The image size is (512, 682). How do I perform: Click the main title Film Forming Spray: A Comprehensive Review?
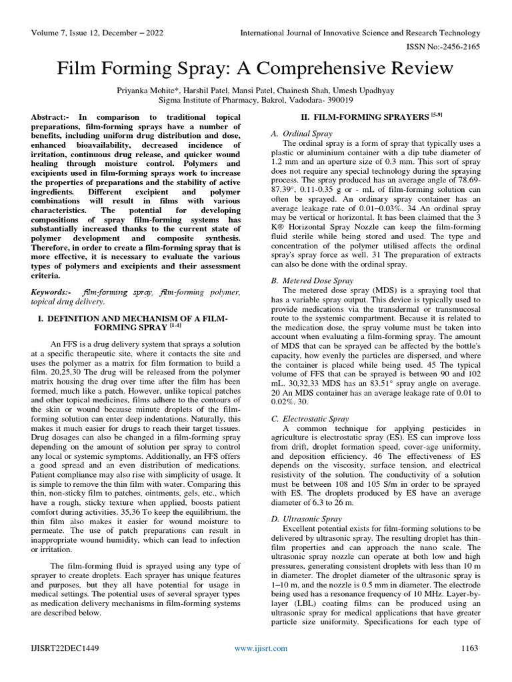coord(255,68)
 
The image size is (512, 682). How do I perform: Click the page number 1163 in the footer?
coord(471,648)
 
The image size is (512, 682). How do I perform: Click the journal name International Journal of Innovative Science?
coord(360,33)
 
